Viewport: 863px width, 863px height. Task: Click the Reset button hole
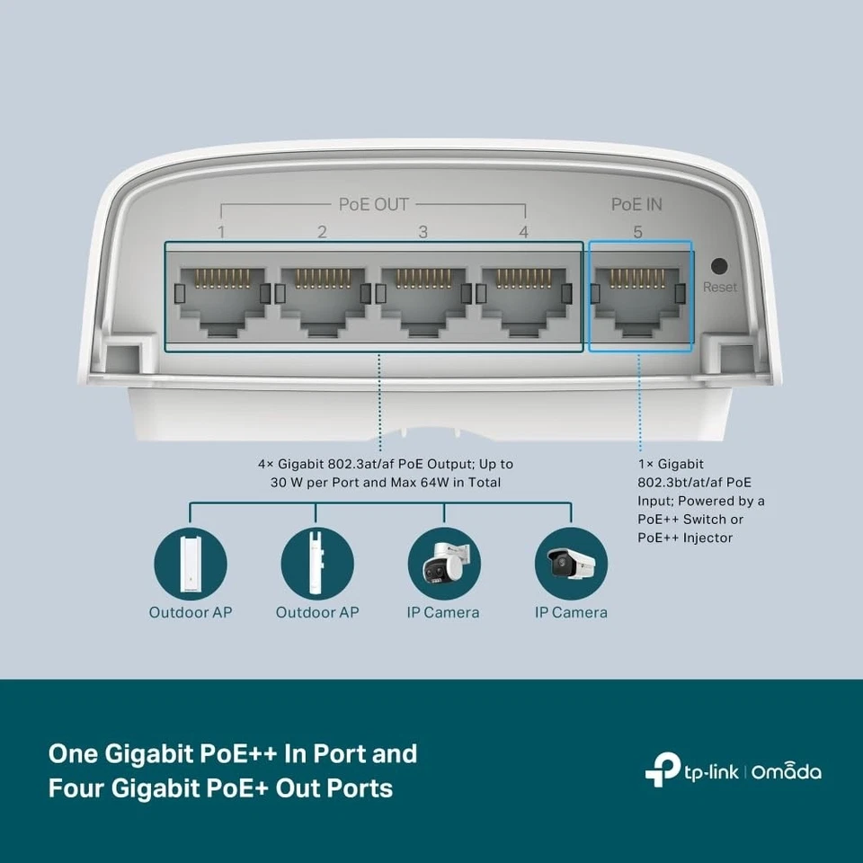click(719, 266)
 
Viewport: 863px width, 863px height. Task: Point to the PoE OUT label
click(373, 204)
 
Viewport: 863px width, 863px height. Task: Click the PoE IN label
click(636, 204)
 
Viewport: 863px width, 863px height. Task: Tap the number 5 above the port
click(637, 232)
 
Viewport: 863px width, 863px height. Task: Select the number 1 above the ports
click(221, 232)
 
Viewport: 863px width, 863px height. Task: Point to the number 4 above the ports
click(524, 232)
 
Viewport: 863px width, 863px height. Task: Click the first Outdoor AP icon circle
click(190, 564)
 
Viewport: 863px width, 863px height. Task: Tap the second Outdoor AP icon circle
click(316, 564)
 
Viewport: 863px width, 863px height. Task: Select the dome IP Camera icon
click(443, 564)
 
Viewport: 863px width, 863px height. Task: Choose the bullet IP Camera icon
click(571, 564)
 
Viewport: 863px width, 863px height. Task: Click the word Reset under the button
click(719, 288)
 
